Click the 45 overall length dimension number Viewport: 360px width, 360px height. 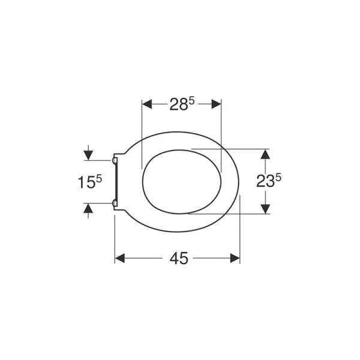(x=179, y=258)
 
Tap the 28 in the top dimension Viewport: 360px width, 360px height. (x=179, y=104)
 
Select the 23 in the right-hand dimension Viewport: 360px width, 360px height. (x=265, y=181)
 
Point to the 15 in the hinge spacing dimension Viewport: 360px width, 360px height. (x=87, y=182)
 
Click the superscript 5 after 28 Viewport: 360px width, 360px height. (x=192, y=101)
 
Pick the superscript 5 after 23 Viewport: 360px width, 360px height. (x=278, y=178)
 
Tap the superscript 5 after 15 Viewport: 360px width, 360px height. (x=99, y=179)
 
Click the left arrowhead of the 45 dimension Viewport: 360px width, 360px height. (x=119, y=258)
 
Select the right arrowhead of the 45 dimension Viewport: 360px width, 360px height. (x=235, y=258)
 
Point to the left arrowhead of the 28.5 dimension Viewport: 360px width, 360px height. (x=147, y=104)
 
